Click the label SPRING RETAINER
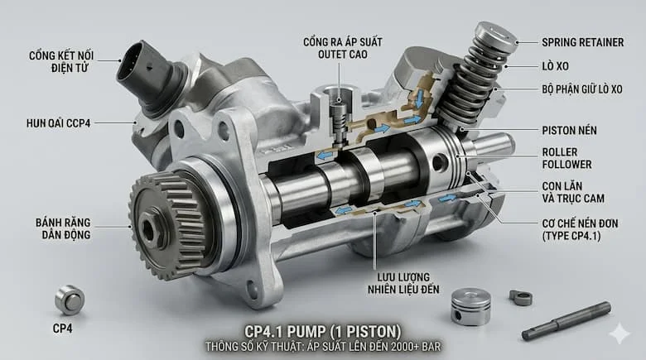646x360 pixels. pyautogui.click(x=582, y=42)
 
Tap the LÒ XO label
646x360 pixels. pyautogui.click(x=556, y=66)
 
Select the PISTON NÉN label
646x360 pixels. pyautogui.click(x=569, y=131)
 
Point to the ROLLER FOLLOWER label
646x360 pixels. pyautogui.click(x=566, y=158)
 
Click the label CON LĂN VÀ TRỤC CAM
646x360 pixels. pyautogui.click(x=573, y=192)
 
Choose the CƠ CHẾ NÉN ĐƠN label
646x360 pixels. pyautogui.click(x=580, y=230)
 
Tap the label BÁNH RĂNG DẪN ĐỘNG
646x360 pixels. pyautogui.click(x=63, y=228)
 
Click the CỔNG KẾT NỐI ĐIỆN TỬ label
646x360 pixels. pyautogui.click(x=61, y=62)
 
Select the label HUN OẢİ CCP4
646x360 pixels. pyautogui.click(x=58, y=123)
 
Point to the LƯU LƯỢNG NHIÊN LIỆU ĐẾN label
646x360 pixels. pyautogui.click(x=403, y=283)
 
